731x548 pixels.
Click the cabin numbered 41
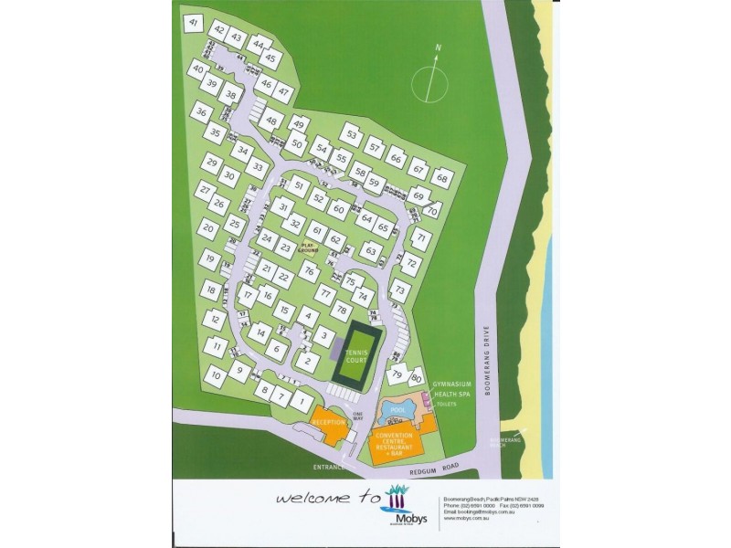coord(193,23)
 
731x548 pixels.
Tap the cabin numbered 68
coord(442,177)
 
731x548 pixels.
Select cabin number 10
coord(215,374)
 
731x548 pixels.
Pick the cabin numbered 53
coord(351,133)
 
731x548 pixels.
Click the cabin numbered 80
coord(417,376)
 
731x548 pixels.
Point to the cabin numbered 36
coord(201,113)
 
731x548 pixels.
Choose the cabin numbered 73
coord(399,291)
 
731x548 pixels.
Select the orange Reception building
coord(329,425)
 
